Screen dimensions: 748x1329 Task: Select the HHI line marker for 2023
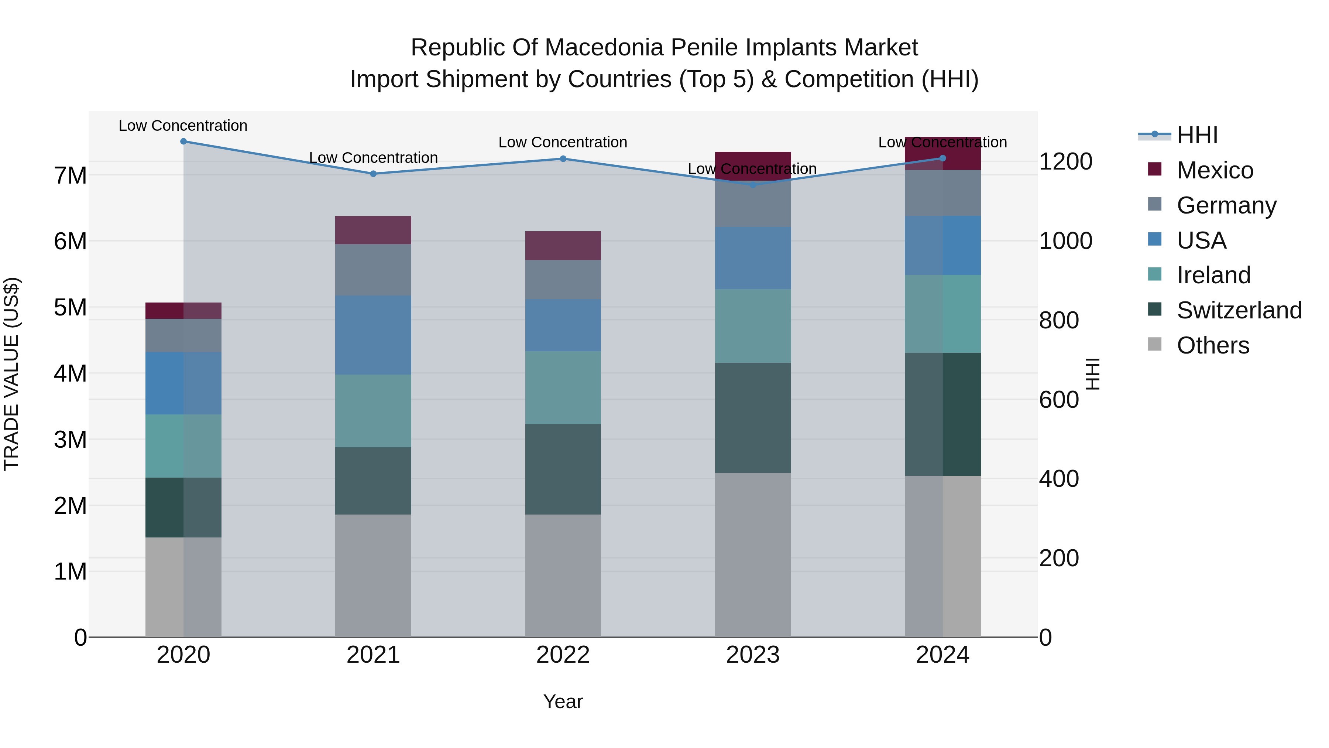pos(753,184)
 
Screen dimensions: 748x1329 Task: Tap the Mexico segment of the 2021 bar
pos(373,230)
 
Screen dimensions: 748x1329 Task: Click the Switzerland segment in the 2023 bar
pos(753,418)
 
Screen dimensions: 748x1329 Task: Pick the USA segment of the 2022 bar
pos(563,325)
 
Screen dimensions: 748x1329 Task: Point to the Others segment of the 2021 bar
pos(373,575)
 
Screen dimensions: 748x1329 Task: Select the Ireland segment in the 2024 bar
pos(942,314)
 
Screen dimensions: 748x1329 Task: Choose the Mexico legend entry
pos(1215,170)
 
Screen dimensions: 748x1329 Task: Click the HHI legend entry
pos(1197,135)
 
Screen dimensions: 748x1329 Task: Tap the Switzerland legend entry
pos(1239,310)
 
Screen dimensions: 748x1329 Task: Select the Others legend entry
pos(1212,345)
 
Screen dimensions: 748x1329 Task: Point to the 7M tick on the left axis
pos(70,175)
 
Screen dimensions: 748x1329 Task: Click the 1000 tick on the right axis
pos(1065,241)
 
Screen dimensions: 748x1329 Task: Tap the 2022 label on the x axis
pos(563,655)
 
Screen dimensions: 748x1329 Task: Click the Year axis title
pos(563,701)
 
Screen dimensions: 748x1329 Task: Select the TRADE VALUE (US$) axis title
pos(11,374)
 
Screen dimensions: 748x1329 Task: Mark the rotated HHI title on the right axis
pos(1093,374)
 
